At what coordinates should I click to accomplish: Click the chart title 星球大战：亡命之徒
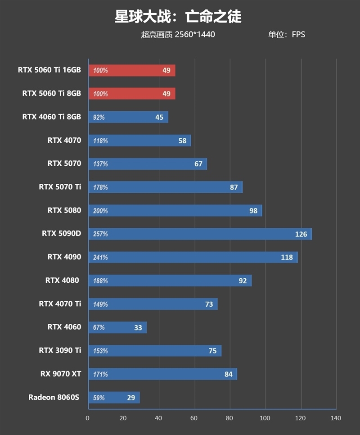tap(178, 17)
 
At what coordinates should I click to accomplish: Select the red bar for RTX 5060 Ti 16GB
tap(132, 70)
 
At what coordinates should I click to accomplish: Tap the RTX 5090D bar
tap(200, 234)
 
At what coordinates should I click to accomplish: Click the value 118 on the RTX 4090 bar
tap(287, 258)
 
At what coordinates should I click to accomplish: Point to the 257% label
tap(100, 234)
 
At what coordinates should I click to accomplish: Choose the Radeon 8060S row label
tap(54, 397)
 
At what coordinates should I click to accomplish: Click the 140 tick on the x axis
tap(336, 418)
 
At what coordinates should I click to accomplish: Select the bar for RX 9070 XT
tap(162, 374)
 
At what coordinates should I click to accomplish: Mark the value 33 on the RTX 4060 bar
tap(138, 328)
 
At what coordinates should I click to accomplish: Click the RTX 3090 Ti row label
tap(60, 350)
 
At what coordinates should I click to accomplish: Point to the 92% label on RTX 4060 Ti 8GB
tap(99, 118)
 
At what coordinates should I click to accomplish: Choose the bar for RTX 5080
tap(175, 211)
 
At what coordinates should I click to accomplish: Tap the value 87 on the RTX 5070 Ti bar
tap(234, 187)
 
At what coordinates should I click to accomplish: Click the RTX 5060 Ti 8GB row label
tap(51, 93)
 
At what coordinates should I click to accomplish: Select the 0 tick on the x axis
tap(88, 418)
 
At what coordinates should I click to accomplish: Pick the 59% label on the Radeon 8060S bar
tap(99, 398)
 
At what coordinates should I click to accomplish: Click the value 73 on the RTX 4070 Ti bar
tap(209, 304)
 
